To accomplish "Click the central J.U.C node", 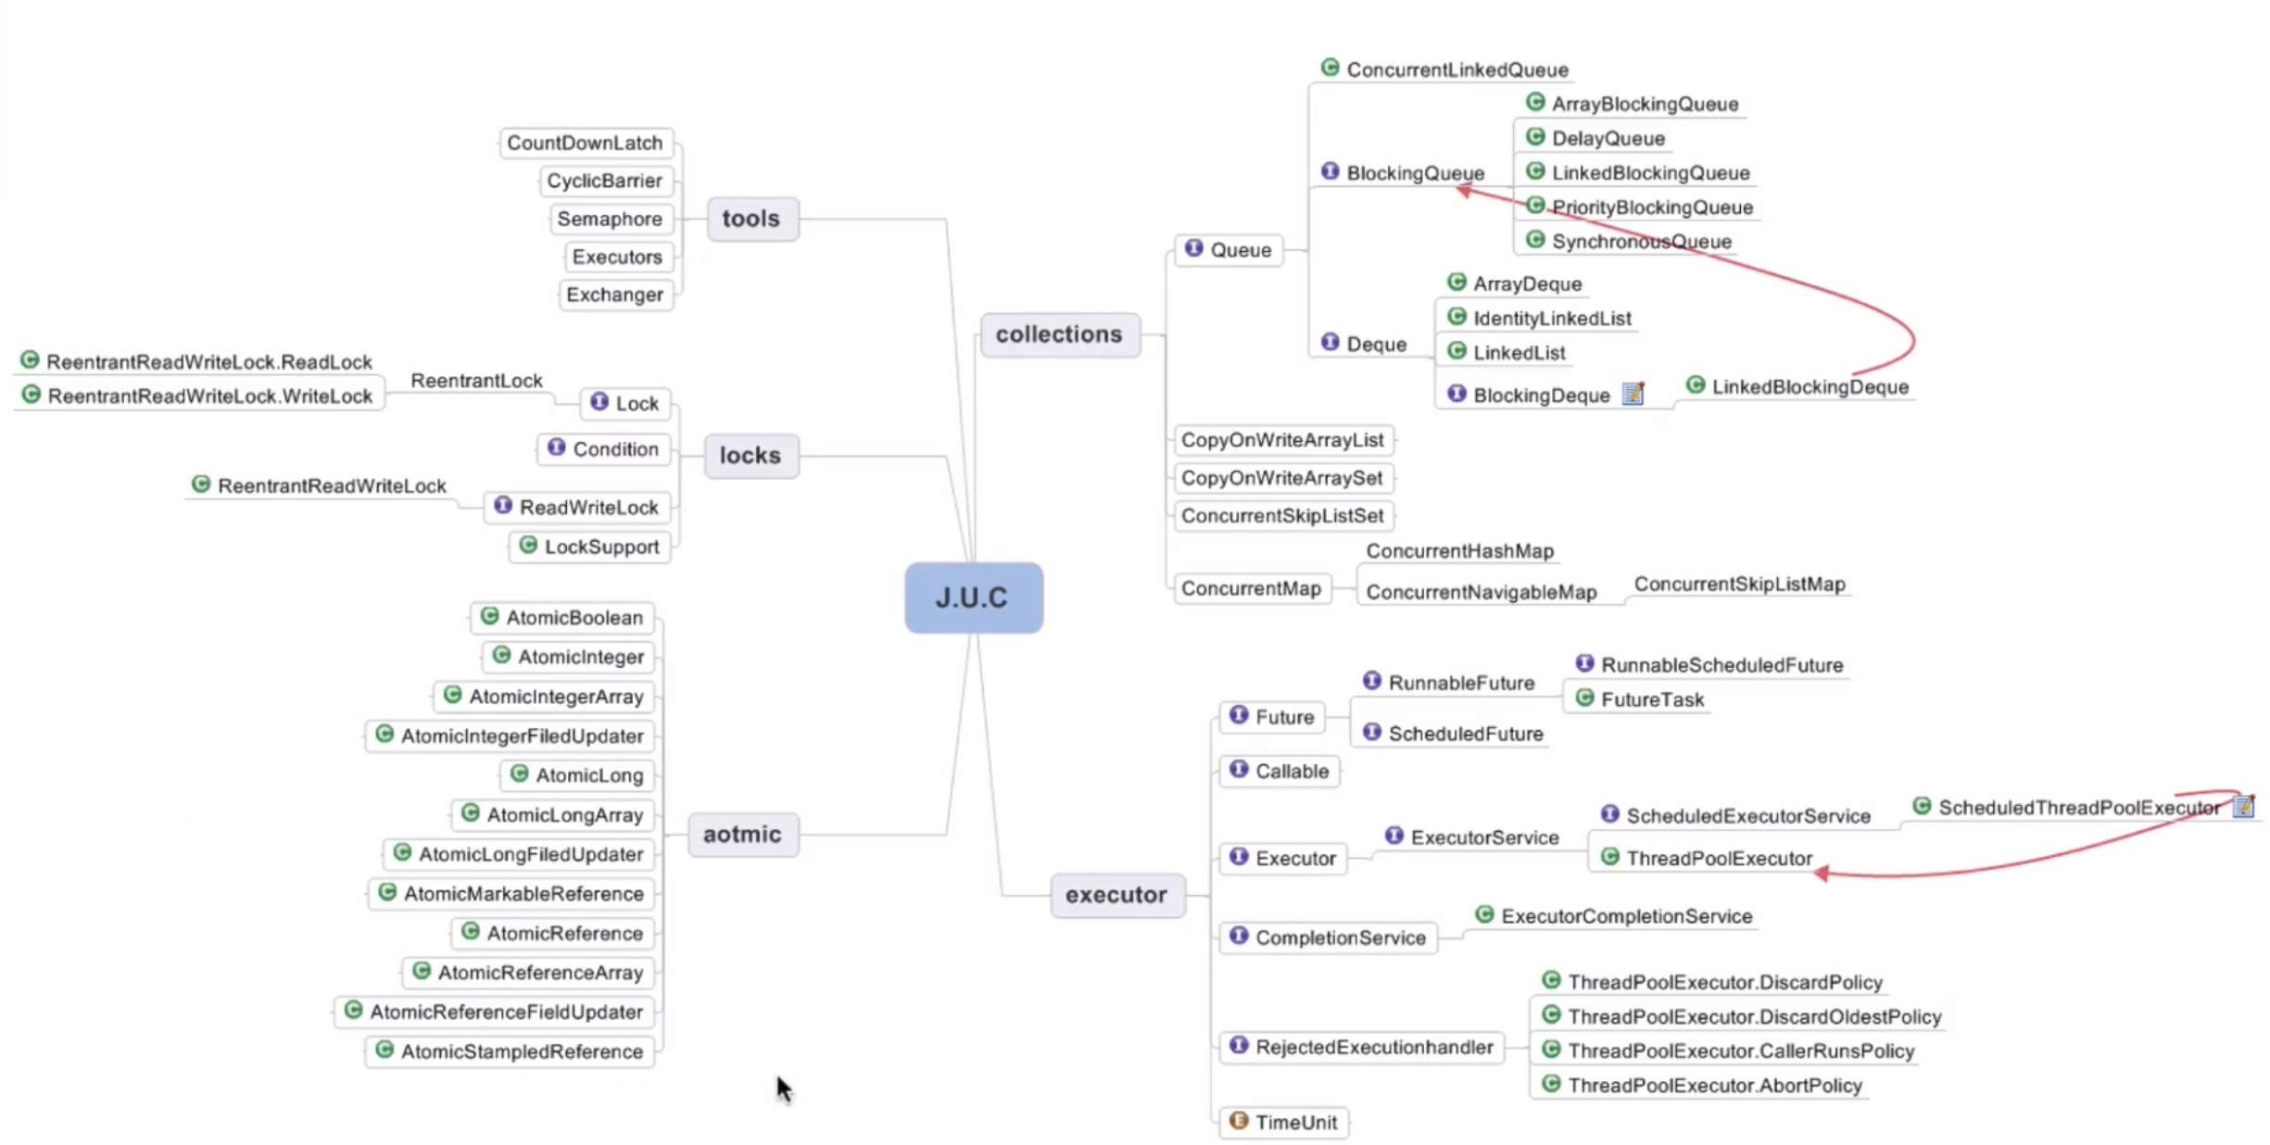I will click(973, 598).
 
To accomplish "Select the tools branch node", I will click(751, 219).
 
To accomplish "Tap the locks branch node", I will click(750, 455).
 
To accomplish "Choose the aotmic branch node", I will click(742, 834).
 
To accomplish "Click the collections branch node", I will click(1059, 333).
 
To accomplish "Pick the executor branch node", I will click(1116, 894).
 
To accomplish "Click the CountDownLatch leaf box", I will click(585, 143).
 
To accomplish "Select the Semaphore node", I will click(610, 219).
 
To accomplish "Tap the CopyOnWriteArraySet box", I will click(1281, 477).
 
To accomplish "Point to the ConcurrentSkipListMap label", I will click(1739, 584).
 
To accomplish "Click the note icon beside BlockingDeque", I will click(1633, 394).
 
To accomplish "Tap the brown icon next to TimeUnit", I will click(1239, 1121).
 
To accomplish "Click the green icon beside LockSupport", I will click(528, 545).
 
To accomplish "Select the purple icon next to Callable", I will click(1239, 770).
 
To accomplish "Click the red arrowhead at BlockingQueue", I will click(1463, 190).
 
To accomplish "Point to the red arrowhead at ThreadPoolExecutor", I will click(1822, 873).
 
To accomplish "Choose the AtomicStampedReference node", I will click(521, 1051).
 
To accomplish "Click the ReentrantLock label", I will click(476, 380).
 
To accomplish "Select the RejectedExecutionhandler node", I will click(1373, 1047).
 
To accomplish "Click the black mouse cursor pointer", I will click(783, 1088).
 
